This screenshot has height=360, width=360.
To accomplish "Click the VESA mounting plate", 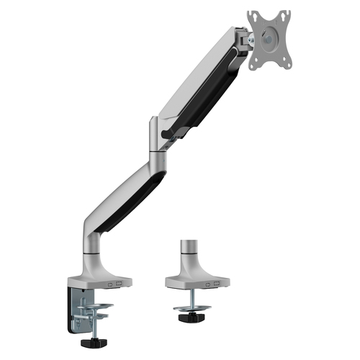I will [269, 40].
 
